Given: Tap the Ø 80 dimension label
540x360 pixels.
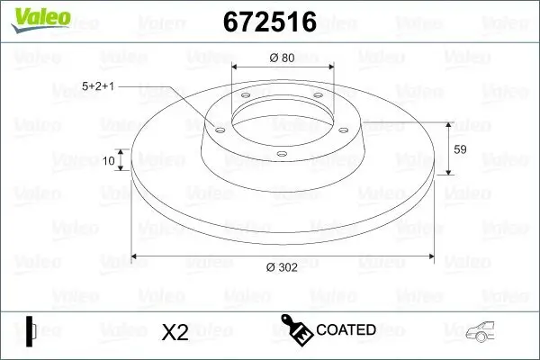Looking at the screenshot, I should (x=282, y=58).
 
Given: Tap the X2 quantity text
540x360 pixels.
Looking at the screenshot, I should (x=174, y=332).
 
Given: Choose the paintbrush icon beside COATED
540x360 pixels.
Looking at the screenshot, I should (x=297, y=330).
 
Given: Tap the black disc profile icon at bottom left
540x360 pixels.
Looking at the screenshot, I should (x=30, y=330).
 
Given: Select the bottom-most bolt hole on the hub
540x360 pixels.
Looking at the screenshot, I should (x=281, y=155).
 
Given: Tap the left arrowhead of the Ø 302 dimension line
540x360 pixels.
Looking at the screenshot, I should (x=136, y=256).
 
